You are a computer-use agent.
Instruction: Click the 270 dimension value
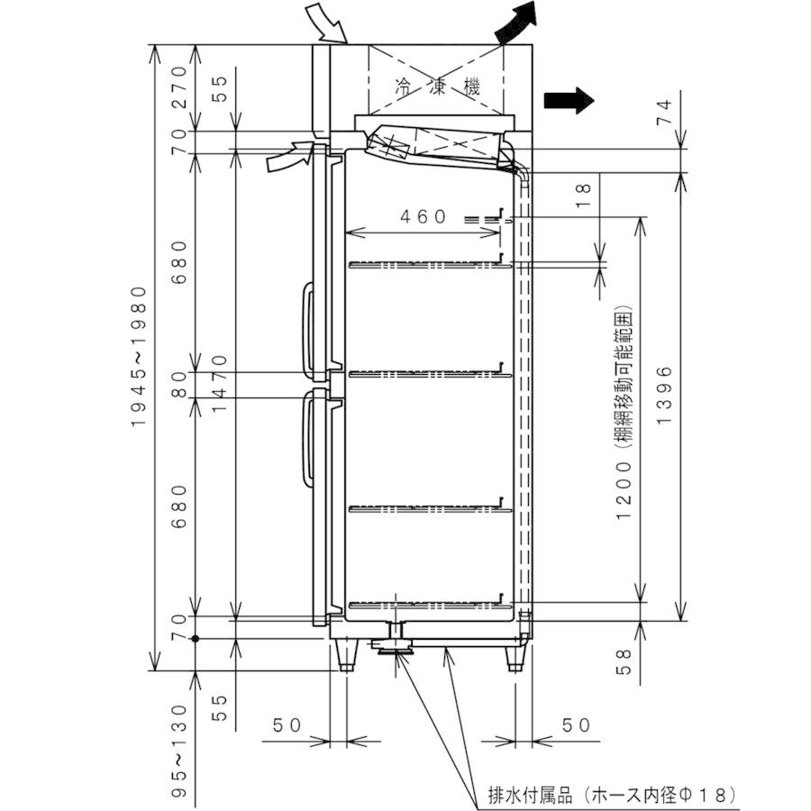click(x=179, y=86)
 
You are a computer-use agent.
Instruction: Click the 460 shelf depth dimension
click(x=424, y=216)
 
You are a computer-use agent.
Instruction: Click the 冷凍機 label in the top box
click(x=438, y=87)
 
